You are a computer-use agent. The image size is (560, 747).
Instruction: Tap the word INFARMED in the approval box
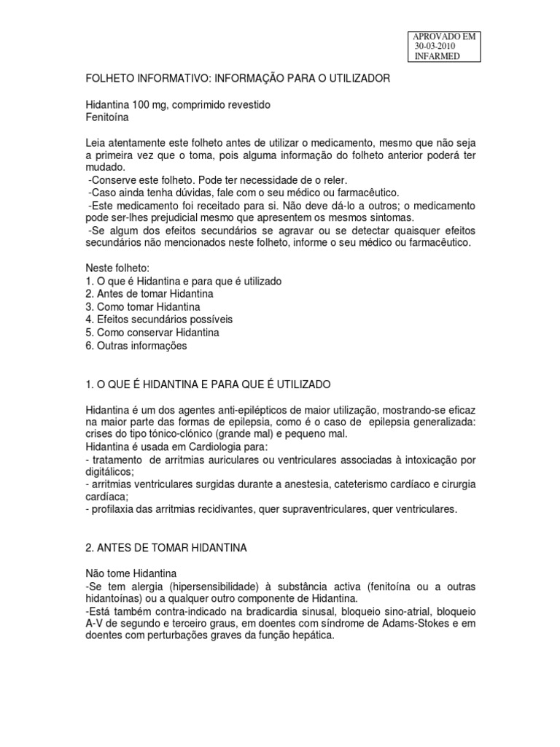(x=437, y=56)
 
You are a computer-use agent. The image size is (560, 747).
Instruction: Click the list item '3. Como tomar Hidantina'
(x=143, y=306)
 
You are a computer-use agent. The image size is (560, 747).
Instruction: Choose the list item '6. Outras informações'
(x=136, y=346)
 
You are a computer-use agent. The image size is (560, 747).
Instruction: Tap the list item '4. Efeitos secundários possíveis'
(x=159, y=320)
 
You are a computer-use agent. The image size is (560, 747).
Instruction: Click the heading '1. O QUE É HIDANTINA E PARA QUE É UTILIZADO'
(x=209, y=383)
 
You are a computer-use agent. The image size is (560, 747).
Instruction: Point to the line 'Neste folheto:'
(x=117, y=268)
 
